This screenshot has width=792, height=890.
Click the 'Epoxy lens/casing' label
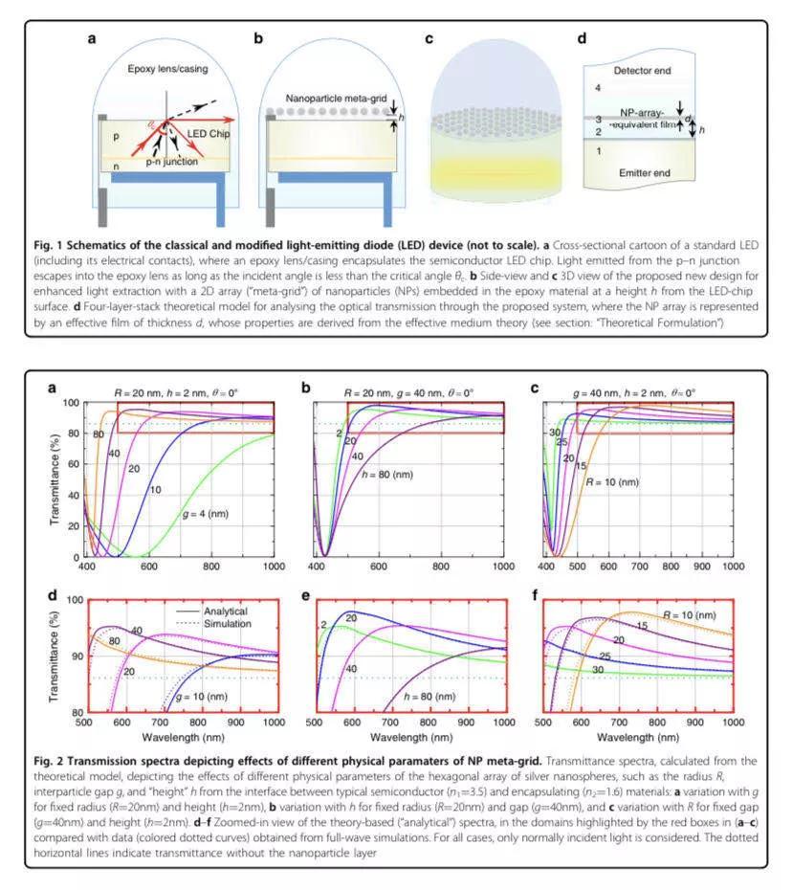coord(167,69)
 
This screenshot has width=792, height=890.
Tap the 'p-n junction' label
coord(172,161)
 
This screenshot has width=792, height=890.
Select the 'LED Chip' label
coord(209,133)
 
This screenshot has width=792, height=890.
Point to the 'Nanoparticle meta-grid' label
coord(336,99)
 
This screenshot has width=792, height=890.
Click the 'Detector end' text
coord(642,71)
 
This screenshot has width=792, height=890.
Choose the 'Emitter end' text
coord(645,172)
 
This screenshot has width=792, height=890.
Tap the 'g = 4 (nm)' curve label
coord(206,514)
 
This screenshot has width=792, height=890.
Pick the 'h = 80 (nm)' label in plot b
coord(387,474)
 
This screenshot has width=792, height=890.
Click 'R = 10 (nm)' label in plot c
coord(612,482)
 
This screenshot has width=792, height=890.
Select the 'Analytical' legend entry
coord(226,611)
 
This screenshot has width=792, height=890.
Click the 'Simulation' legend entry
coord(228,623)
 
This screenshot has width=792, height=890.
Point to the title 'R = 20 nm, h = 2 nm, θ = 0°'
coord(176,392)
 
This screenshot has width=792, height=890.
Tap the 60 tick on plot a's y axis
coord(74,464)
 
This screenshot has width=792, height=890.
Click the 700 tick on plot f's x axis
coord(619,722)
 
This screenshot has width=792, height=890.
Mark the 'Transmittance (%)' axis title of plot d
coord(55,656)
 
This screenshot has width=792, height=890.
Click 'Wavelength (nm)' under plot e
coord(411,737)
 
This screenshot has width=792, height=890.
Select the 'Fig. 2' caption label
coord(48,761)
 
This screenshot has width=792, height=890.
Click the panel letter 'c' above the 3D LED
coord(429,38)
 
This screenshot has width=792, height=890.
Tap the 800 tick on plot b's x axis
coord(441,566)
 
